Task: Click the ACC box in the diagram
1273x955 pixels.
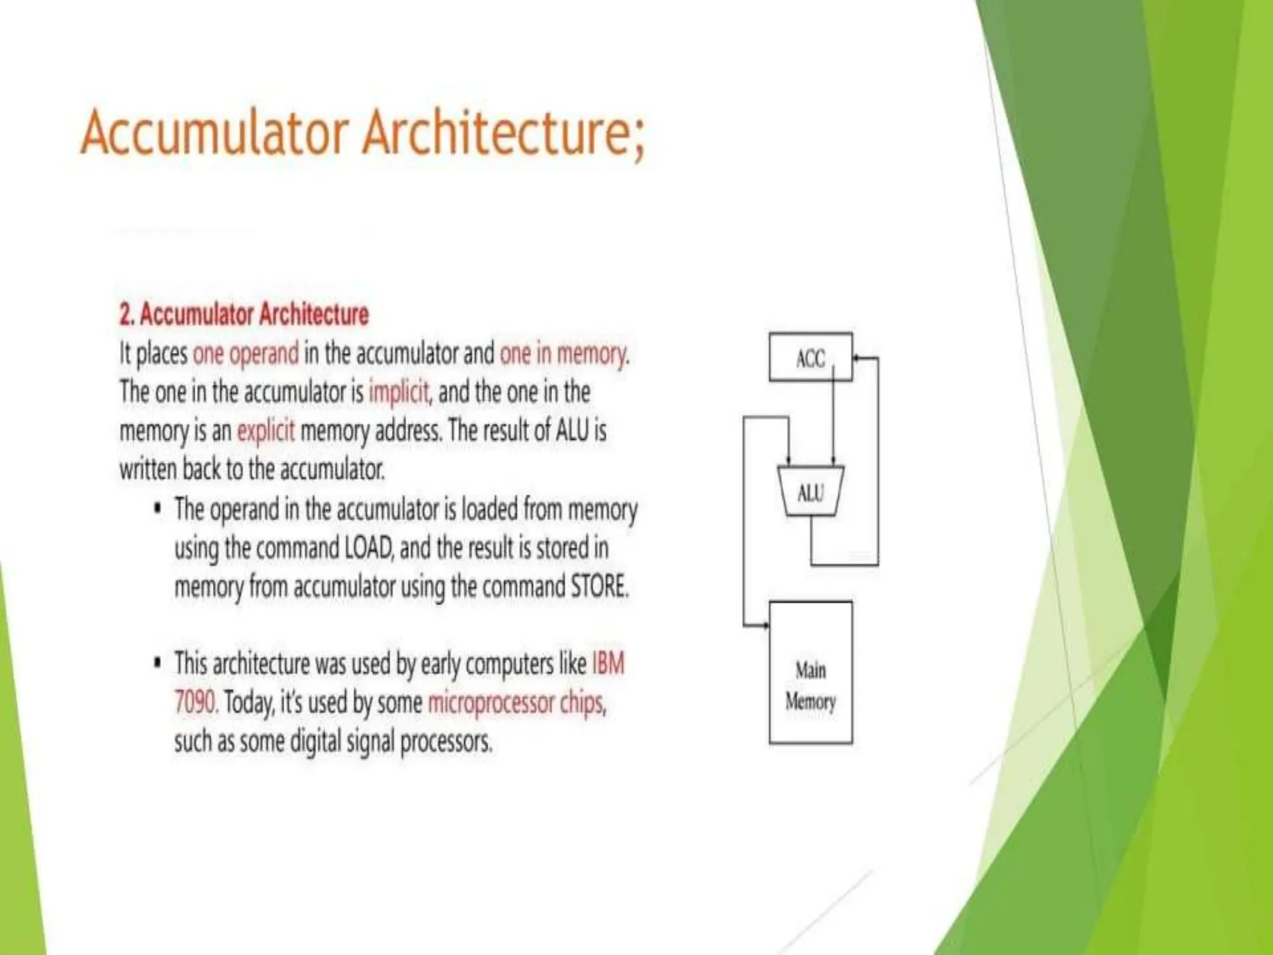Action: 810,357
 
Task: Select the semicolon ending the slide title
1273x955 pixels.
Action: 638,138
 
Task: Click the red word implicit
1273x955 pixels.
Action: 398,392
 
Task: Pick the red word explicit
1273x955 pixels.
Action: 266,431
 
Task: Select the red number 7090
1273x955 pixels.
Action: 195,703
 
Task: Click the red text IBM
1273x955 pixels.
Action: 608,664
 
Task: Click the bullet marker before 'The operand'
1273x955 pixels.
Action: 158,509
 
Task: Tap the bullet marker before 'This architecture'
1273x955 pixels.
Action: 158,663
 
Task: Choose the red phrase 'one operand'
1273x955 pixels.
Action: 246,354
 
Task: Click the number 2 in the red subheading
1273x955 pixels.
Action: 125,315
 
